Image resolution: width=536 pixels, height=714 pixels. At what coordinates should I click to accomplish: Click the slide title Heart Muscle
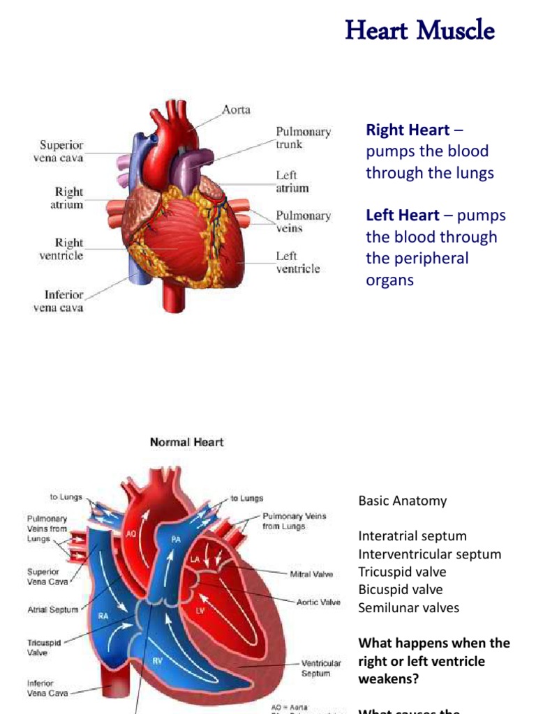pyautogui.click(x=419, y=31)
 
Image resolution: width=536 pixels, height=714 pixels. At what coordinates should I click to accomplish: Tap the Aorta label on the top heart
pyautogui.click(x=236, y=110)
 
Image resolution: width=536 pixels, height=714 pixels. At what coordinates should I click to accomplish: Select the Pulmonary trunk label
pyautogui.click(x=303, y=138)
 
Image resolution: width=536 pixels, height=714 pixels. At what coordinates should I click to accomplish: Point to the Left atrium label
pyautogui.click(x=292, y=182)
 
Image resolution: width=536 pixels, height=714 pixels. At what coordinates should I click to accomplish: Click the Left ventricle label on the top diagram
pyautogui.click(x=297, y=262)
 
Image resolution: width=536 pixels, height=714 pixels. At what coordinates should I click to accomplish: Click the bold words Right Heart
pyautogui.click(x=408, y=130)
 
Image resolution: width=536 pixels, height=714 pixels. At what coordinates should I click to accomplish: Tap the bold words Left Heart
pyautogui.click(x=403, y=215)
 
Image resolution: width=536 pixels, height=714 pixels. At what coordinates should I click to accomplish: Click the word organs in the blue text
pyautogui.click(x=389, y=280)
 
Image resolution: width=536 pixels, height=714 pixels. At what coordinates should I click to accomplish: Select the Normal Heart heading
pyautogui.click(x=186, y=442)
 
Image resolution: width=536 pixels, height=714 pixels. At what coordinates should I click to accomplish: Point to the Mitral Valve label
pyautogui.click(x=311, y=575)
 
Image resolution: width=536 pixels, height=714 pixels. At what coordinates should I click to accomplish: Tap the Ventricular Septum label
pyautogui.click(x=321, y=669)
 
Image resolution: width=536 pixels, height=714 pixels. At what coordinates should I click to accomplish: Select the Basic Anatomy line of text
pyautogui.click(x=403, y=501)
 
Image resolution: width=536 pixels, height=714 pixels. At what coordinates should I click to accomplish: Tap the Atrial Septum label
pyautogui.click(x=54, y=609)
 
